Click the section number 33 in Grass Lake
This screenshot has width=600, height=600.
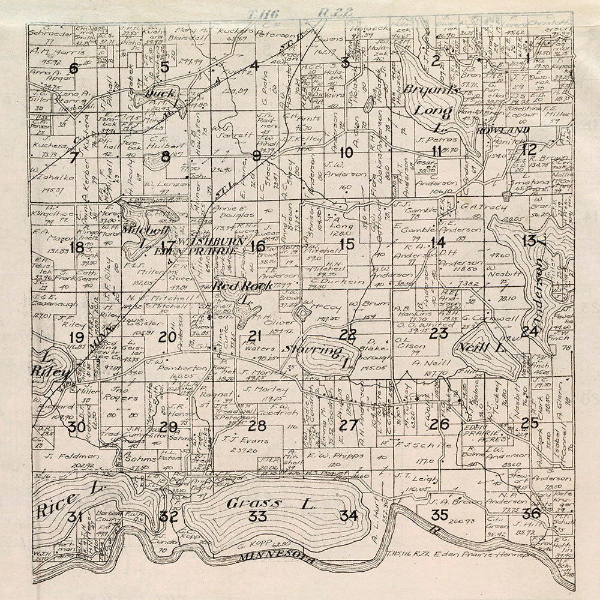tap(258, 517)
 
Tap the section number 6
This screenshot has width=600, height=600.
tap(73, 68)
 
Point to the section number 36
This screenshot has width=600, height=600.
tap(531, 514)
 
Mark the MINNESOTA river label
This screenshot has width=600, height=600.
tap(277, 559)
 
